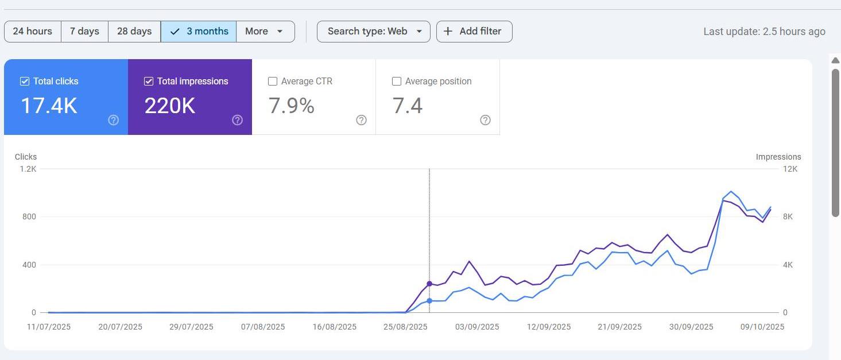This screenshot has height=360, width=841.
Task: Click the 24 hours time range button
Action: point(32,32)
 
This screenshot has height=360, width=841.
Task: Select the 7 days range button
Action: point(84,32)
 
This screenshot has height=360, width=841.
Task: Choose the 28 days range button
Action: point(134,32)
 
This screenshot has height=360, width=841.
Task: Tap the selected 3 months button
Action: point(199,32)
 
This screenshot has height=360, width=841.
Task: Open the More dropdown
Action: point(265,32)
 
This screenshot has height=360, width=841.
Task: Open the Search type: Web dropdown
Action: point(373,32)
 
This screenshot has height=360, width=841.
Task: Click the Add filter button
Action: point(474,32)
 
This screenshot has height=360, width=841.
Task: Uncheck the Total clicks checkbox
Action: point(25,82)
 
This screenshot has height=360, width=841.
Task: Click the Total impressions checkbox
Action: point(149,82)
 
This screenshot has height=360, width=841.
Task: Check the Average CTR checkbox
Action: point(273,82)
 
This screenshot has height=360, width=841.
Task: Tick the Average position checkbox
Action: point(397,82)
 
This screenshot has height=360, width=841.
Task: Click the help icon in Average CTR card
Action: point(361,120)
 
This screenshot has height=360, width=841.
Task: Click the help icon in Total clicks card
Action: point(114,120)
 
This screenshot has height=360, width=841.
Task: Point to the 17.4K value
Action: point(49,106)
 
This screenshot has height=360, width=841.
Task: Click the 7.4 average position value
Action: point(408,106)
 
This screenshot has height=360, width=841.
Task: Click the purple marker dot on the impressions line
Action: point(429,284)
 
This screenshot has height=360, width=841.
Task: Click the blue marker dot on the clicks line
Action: point(429,301)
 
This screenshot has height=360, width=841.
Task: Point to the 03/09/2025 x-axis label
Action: point(477,327)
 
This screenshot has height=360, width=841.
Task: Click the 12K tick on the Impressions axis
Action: point(790,169)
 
